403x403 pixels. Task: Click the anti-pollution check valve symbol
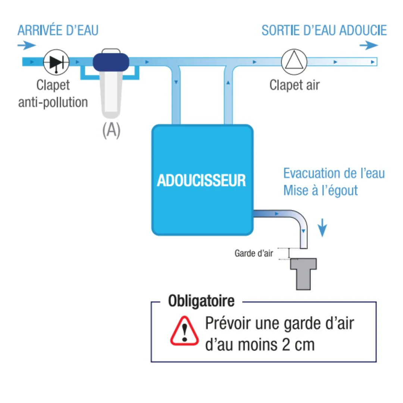pos(56,62)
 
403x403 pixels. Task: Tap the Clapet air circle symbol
pos(294,62)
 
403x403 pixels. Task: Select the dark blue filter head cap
pos(111,62)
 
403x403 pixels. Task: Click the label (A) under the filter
pos(111,130)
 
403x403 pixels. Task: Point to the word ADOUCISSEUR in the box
pos(201,181)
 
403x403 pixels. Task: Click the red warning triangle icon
pos(184,331)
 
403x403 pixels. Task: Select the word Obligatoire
pos(201,301)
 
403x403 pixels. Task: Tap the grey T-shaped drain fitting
pos(303,274)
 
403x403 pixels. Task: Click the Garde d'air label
pos(254,253)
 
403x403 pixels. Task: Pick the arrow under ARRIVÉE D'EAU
pos(27,46)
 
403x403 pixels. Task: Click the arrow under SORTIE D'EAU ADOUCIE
pos(369,46)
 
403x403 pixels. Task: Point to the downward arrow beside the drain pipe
pos(322,228)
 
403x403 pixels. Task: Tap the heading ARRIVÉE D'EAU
pos(58,30)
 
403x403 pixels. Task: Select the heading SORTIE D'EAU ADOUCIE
pos(324,30)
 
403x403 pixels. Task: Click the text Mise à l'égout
pos(321,191)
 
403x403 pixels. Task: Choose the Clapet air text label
pos(294,85)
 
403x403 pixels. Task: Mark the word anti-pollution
pos(53,102)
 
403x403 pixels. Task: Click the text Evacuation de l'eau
pos(334,173)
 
